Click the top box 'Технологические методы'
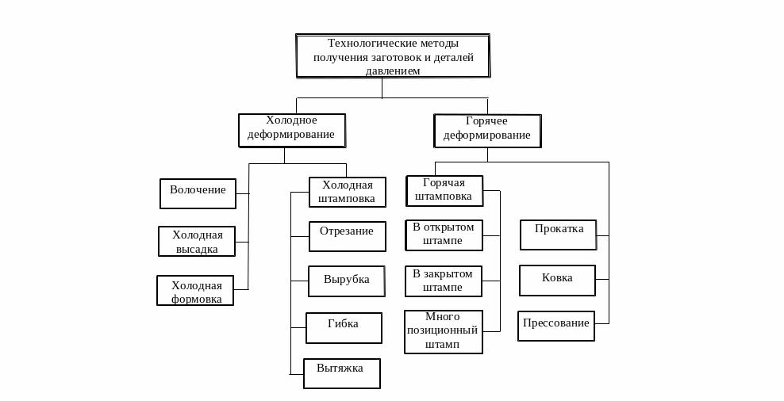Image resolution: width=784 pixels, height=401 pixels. point(393,55)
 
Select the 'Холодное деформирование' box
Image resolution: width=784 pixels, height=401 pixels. point(291,130)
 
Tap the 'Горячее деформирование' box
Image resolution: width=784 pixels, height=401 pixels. point(487,131)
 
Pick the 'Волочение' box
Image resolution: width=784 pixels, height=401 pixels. point(198,193)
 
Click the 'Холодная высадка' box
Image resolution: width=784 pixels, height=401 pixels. point(198,241)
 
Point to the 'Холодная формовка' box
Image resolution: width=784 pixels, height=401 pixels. point(195,291)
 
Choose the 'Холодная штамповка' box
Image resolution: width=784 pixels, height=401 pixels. point(347,192)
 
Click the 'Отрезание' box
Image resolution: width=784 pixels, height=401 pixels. point(347,236)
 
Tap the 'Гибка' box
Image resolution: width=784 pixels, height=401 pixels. point(344,327)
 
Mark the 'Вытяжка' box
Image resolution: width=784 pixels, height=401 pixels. point(341,373)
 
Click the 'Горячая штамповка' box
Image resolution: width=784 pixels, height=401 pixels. point(444,190)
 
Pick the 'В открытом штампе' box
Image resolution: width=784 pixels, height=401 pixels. point(443,234)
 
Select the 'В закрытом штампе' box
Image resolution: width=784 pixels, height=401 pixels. point(443,281)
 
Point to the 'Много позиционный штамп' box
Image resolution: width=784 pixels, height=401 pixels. point(443,330)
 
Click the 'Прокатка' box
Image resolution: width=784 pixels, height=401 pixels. point(559,235)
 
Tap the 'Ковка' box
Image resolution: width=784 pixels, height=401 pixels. point(557,280)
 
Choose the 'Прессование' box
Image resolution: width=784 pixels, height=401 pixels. point(556,326)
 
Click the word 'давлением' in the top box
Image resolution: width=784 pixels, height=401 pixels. point(393,71)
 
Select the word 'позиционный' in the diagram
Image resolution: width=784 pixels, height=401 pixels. point(442,330)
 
